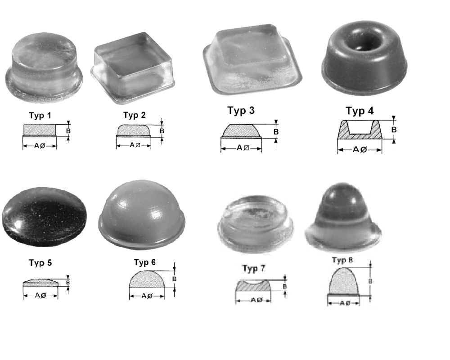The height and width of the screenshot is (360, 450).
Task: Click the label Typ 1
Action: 40,116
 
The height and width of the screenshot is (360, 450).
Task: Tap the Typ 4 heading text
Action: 360,111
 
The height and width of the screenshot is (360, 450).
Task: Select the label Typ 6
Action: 144,262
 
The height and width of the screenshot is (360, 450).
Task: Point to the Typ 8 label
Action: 342,260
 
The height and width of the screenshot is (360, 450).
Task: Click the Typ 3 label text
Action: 241,111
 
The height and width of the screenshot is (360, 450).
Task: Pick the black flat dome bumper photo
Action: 44,217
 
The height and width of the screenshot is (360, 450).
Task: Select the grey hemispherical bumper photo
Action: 142,215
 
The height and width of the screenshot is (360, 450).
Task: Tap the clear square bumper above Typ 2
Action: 133,68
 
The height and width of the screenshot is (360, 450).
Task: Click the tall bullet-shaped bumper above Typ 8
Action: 343,219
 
